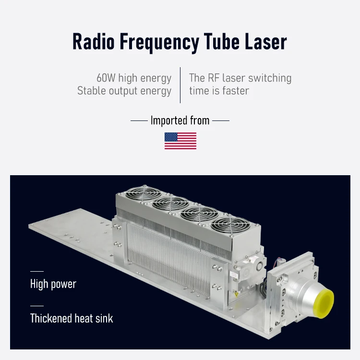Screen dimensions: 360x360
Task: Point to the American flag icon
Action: point(180,141)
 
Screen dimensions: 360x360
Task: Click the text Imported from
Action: point(180,120)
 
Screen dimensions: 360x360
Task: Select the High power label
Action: point(53,284)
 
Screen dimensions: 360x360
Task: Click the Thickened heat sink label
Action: point(72,318)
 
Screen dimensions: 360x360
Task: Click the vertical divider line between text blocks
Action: point(180,85)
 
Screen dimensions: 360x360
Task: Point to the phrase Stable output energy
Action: point(124,91)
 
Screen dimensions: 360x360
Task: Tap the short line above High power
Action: point(36,272)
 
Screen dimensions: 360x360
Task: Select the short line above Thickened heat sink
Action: point(36,306)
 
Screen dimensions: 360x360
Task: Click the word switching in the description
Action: point(268,78)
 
